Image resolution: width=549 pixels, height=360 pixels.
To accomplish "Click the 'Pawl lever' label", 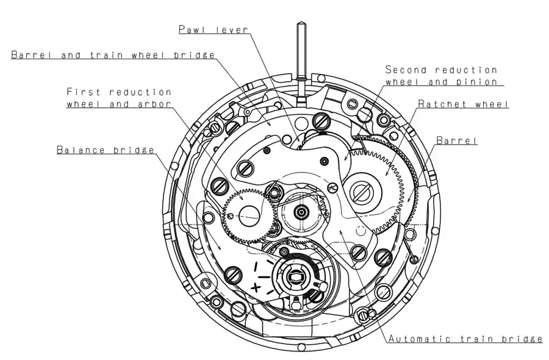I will click(213, 29).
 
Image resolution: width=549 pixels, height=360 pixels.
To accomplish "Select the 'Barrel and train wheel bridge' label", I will click(113, 55).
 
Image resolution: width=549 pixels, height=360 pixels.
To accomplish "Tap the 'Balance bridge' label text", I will click(105, 149).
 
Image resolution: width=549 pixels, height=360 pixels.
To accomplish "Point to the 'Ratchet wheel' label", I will click(463, 104).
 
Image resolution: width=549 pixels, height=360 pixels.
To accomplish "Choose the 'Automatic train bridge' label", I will click(465, 339).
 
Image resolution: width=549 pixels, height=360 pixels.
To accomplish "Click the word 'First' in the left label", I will click(84, 92).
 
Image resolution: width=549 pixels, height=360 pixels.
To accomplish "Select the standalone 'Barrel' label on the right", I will click(456, 140).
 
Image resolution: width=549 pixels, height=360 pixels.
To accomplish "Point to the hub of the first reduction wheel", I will click(249, 214).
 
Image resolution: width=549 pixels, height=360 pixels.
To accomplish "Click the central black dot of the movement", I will click(301, 212).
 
